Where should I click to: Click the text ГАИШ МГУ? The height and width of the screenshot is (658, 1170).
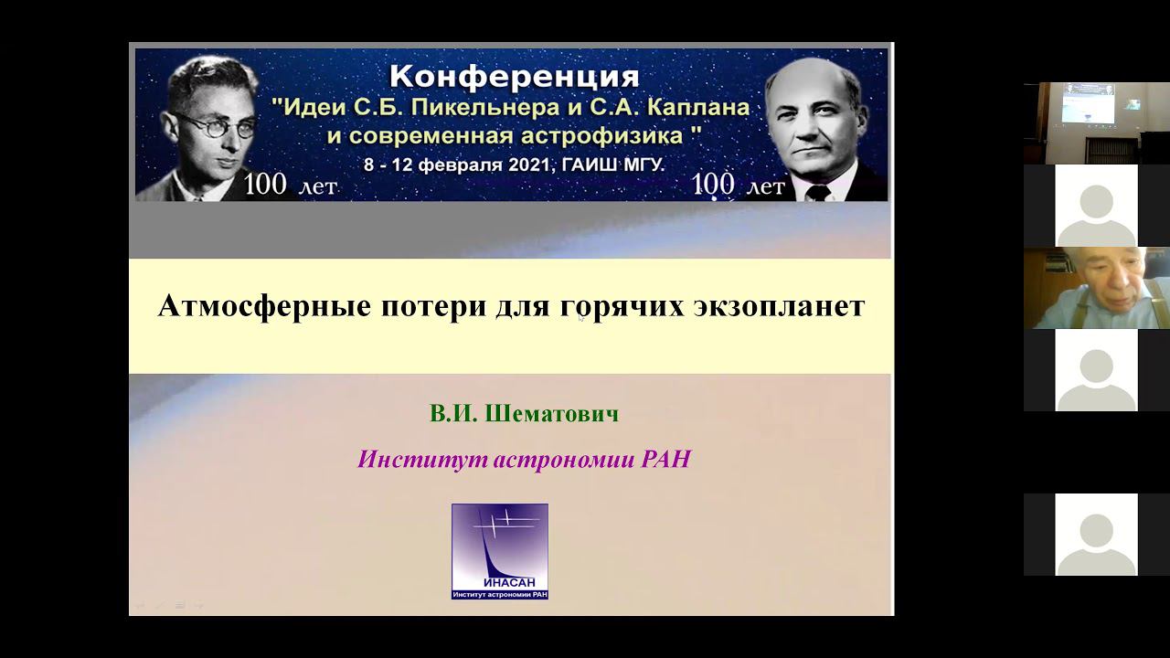[x=621, y=164]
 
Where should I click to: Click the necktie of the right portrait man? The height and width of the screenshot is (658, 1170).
[x=817, y=192]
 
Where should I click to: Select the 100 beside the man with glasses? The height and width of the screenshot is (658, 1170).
[x=265, y=185]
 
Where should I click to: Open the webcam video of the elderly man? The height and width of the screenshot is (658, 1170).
[x=1096, y=288]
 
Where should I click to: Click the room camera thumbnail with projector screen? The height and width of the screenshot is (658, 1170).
[x=1096, y=123]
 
